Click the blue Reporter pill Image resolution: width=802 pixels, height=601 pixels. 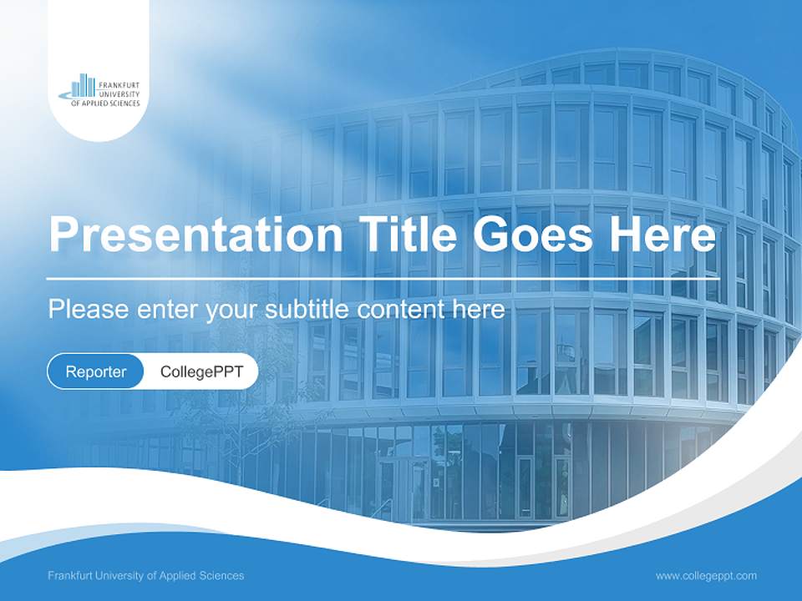96,371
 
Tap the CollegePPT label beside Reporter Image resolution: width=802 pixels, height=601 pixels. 201,371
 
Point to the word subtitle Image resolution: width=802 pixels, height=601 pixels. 307,310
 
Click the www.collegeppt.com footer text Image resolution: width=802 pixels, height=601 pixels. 706,575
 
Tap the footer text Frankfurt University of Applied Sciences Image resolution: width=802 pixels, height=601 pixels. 146,575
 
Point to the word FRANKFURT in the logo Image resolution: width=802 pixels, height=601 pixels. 119,85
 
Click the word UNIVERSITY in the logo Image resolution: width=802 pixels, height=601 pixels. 119,94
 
